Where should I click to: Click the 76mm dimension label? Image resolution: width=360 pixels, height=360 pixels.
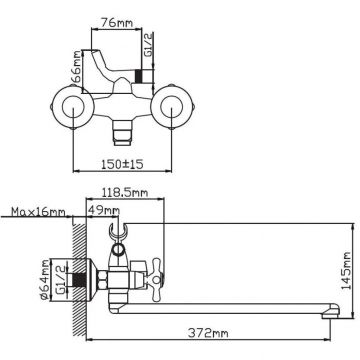(x=117, y=23)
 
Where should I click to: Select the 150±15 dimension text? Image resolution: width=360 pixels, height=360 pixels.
(x=122, y=164)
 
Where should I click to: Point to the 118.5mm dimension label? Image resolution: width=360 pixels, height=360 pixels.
(x=125, y=193)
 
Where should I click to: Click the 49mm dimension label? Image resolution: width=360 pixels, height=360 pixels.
(x=103, y=211)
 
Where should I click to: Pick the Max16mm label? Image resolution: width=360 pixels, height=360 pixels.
(x=38, y=212)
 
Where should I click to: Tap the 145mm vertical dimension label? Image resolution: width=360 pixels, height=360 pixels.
(x=346, y=271)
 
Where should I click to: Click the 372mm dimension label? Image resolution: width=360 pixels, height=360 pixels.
(x=208, y=333)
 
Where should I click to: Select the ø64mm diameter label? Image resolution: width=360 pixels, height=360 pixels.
(x=47, y=280)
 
